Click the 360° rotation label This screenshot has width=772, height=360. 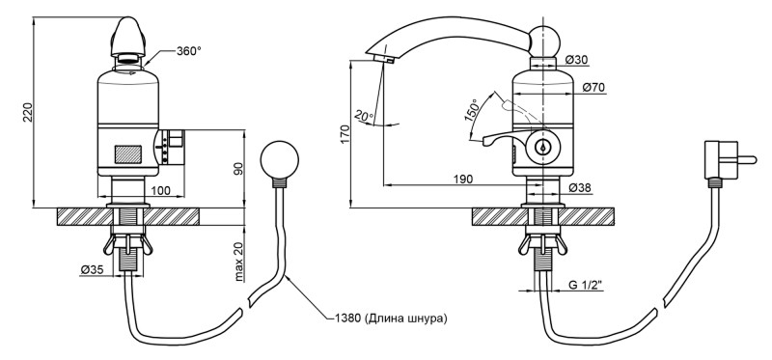click(x=188, y=51)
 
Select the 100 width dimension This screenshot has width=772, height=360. click(x=160, y=190)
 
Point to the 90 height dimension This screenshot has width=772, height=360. click(x=238, y=169)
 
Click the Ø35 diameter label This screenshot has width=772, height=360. click(x=91, y=269)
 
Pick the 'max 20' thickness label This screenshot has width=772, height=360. click(x=238, y=263)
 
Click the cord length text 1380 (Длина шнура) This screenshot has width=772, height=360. click(x=391, y=318)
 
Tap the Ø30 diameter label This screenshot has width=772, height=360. click(x=576, y=60)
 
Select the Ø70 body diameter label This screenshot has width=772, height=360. click(x=593, y=87)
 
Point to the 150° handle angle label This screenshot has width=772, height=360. click(x=472, y=111)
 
